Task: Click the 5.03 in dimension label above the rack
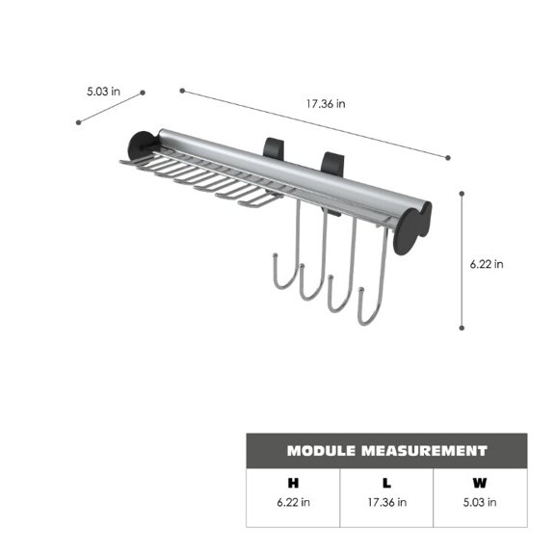102,92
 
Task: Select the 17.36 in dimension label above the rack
328,104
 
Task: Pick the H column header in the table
292,483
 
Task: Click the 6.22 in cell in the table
292,502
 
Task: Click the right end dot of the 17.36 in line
448,156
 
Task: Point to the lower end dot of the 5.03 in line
79,122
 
